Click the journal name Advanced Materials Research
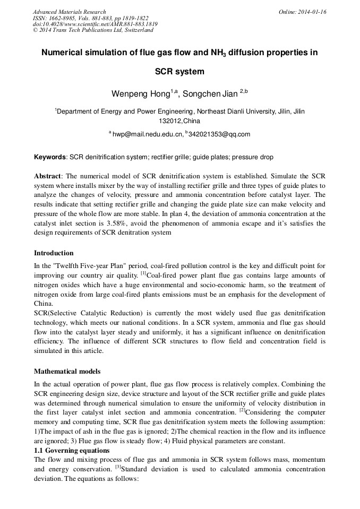click(x=69, y=12)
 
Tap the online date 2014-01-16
click(x=313, y=12)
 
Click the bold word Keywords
click(x=50, y=158)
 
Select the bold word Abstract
click(x=48, y=176)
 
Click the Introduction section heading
click(x=54, y=253)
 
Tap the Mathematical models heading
click(x=67, y=372)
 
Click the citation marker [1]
click(x=143, y=274)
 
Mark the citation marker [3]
click(x=118, y=468)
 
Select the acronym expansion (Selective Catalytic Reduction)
click(x=97, y=314)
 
